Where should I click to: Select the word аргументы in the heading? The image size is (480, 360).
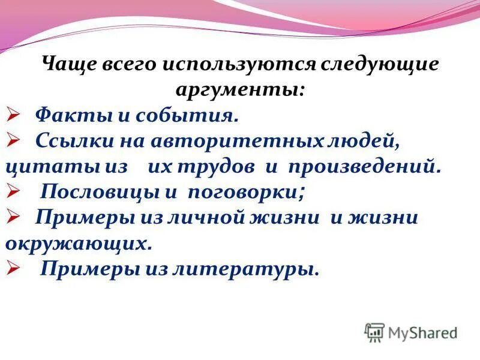[x=239, y=89]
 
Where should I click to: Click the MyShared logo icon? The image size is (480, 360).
[x=374, y=332]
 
